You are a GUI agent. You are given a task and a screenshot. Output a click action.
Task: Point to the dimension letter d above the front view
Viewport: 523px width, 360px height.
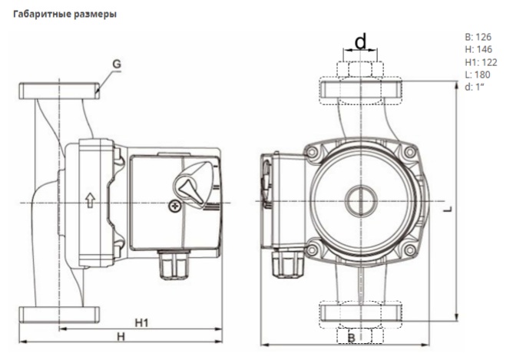[x=359, y=40]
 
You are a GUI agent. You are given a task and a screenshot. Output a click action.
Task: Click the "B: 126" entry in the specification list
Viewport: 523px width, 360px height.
[x=478, y=36]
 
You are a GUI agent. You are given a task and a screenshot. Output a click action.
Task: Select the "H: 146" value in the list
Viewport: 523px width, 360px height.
[x=478, y=48]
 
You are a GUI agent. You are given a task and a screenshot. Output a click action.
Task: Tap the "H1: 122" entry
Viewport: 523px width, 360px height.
[x=481, y=61]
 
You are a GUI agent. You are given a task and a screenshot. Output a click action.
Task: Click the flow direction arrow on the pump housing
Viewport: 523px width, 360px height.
[x=90, y=202]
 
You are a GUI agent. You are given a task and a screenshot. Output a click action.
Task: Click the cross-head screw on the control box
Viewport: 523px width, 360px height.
[x=176, y=206]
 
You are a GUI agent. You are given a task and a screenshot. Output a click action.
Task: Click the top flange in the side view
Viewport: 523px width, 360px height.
[x=60, y=90]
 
